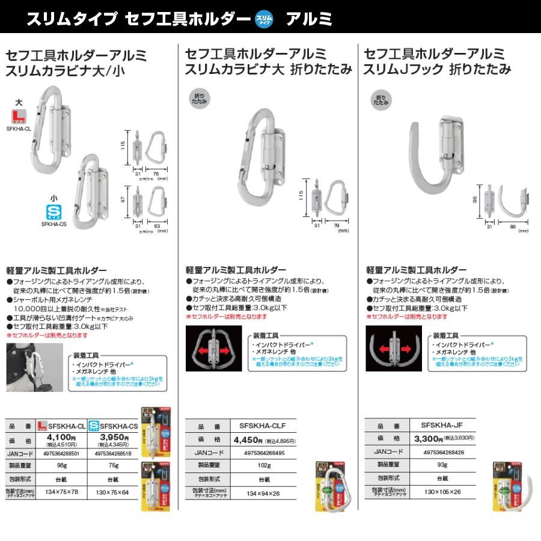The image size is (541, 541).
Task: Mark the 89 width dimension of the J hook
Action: [512, 226]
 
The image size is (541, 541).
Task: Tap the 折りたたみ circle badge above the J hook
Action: [381, 100]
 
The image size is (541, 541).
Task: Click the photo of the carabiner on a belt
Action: [32, 367]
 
